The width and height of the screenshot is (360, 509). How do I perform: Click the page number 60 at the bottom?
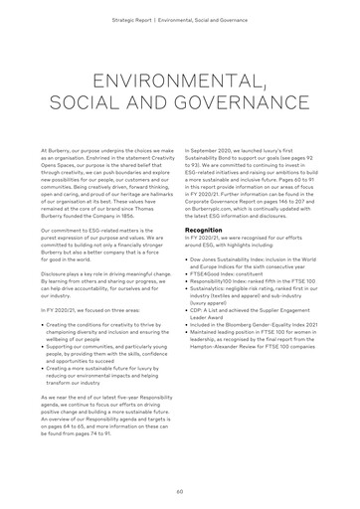180,491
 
